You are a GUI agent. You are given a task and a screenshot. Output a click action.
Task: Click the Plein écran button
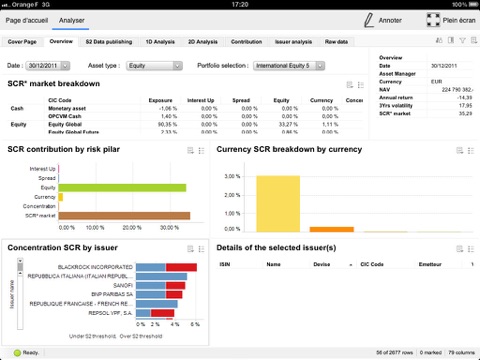(447, 19)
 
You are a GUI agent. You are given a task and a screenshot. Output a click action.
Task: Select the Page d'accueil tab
(26, 19)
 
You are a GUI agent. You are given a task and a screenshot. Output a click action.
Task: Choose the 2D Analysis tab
(201, 42)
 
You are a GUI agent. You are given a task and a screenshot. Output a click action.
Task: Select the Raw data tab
(337, 42)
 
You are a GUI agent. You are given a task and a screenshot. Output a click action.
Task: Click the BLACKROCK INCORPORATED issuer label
(96, 267)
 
